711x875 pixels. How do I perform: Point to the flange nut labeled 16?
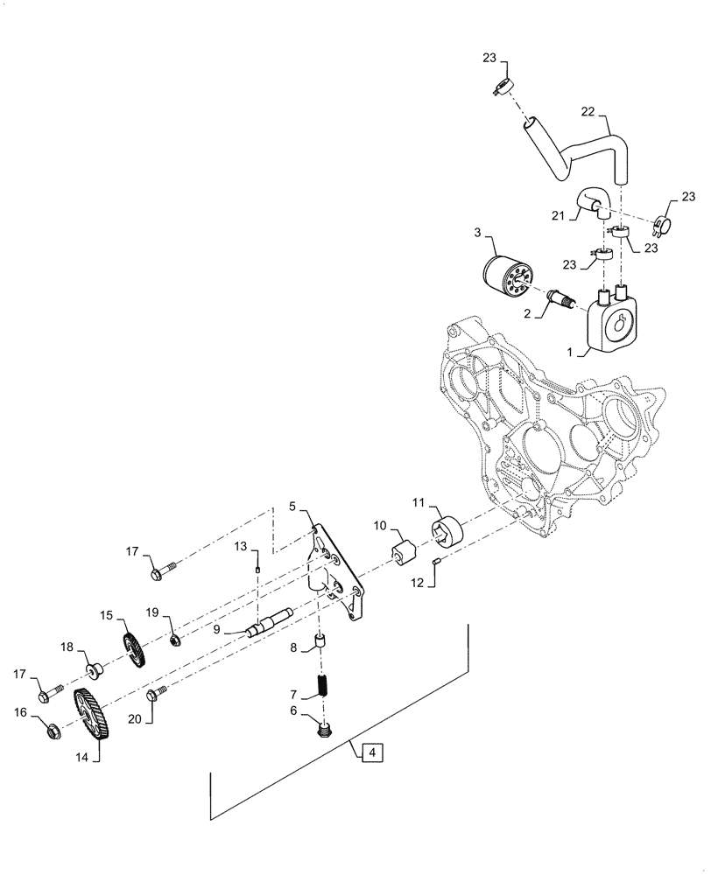[50, 729]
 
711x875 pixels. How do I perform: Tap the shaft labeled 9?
[273, 624]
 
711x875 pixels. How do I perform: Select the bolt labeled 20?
[156, 696]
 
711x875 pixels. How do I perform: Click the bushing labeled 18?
[94, 672]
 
